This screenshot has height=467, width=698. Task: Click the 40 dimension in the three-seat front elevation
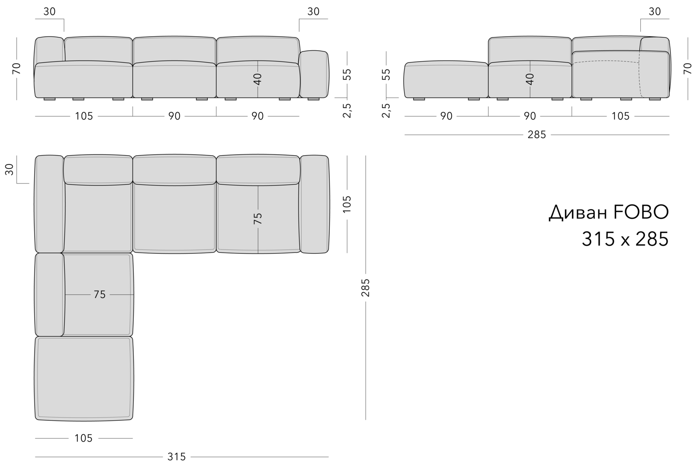coord(258,79)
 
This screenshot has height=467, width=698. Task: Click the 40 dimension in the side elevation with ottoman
coord(530,79)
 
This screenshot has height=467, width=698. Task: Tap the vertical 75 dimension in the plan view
coord(258,218)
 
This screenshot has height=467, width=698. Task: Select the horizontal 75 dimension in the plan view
coord(100,294)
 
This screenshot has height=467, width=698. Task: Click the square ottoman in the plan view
coord(84,378)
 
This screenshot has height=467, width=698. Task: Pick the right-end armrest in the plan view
coord(314,204)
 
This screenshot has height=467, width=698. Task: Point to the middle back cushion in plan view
coord(174,170)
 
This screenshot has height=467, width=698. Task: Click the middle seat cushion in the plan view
coord(174,218)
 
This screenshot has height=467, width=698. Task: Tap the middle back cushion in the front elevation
coord(174,50)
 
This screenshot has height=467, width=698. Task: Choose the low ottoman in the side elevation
coord(446,80)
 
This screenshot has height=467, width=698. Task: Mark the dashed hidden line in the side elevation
coord(607,61)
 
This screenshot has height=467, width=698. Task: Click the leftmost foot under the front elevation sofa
coord(49,99)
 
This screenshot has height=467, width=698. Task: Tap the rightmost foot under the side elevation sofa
coord(654,99)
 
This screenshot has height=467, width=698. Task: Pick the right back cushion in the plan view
coord(258,169)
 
